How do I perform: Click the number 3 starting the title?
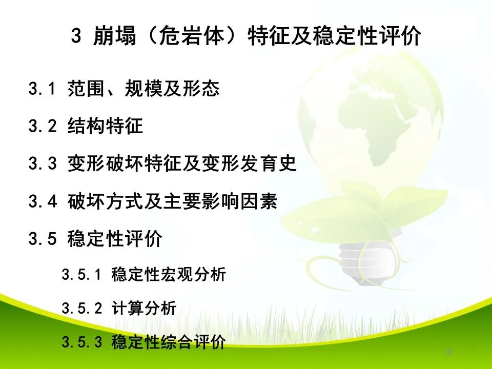[x=76, y=36]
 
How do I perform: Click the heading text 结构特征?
[x=105, y=127]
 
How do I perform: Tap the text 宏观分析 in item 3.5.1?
[x=197, y=275]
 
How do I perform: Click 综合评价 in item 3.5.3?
[x=197, y=342]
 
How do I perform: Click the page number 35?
[x=449, y=352]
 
